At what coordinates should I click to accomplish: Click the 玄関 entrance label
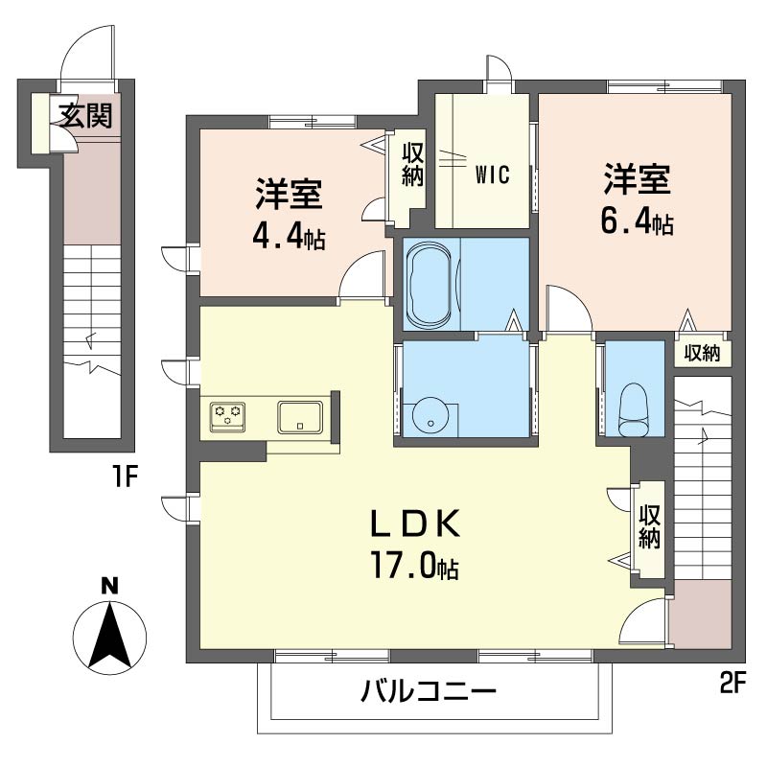click(x=86, y=115)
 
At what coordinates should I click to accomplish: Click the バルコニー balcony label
click(x=429, y=691)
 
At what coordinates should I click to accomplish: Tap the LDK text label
click(x=417, y=524)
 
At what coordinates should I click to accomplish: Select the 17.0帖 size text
click(x=414, y=566)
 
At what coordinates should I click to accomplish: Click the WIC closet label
click(x=492, y=174)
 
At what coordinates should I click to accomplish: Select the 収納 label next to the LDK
click(x=650, y=527)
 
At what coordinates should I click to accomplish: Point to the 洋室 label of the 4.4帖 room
click(x=288, y=195)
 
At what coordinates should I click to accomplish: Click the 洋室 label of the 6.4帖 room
click(x=637, y=179)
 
